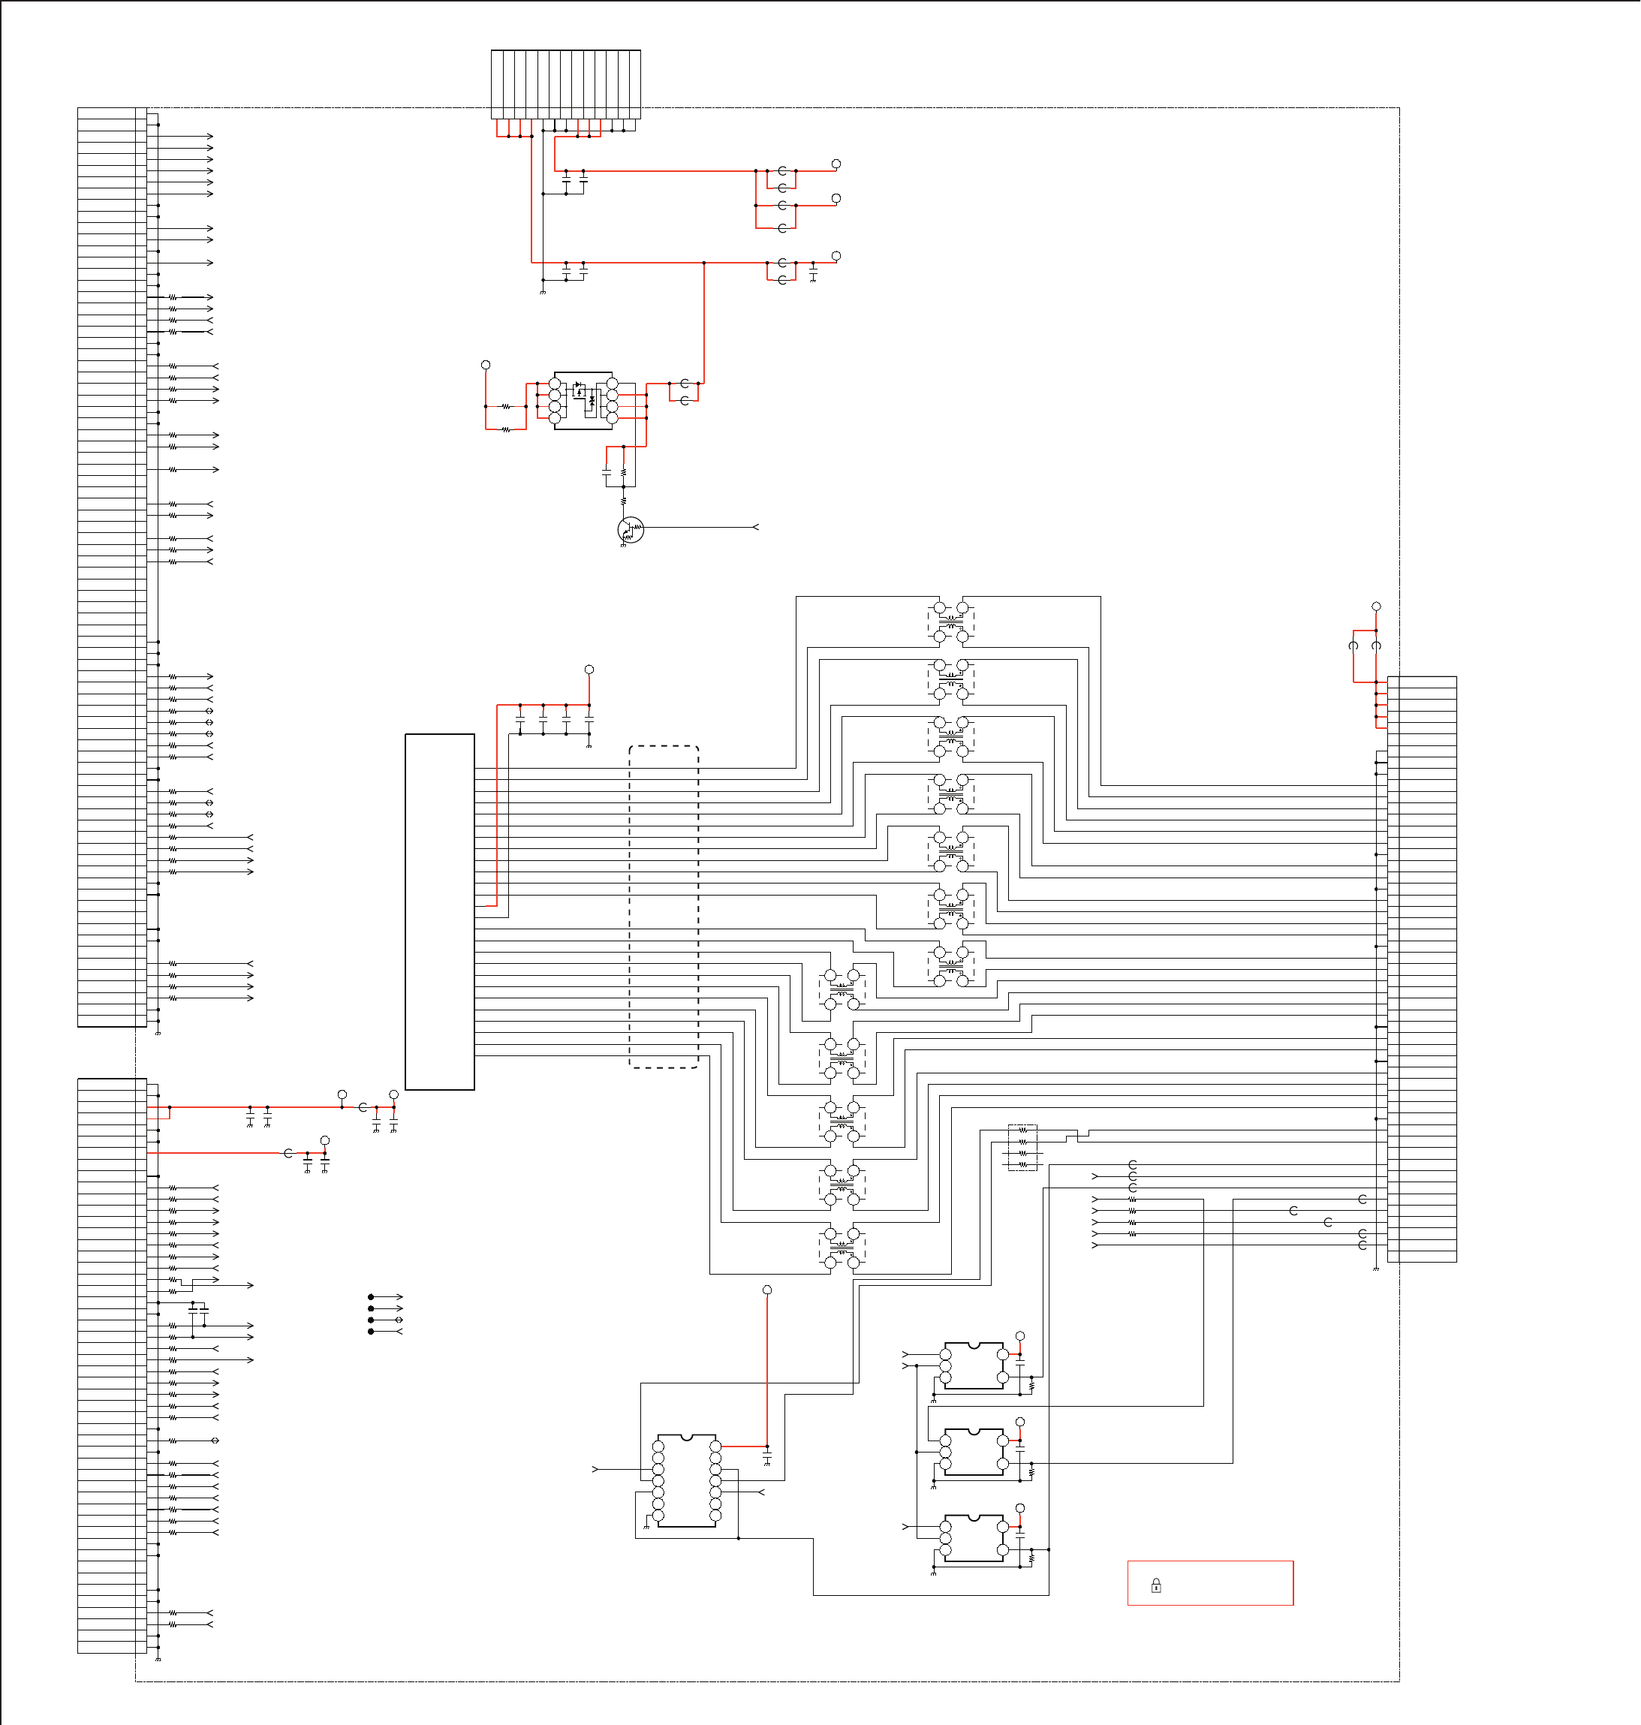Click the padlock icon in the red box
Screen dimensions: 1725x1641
coord(1155,1585)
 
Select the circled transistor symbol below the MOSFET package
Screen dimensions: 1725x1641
coord(630,529)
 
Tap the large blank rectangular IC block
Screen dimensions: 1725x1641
coord(439,911)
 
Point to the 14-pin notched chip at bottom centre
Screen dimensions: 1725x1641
coord(687,1480)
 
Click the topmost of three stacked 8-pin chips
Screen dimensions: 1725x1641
coord(974,1365)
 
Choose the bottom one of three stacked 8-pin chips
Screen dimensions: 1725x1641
coord(974,1538)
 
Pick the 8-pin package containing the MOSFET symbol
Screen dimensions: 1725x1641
coord(583,401)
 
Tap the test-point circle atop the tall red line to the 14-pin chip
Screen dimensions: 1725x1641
coord(767,1290)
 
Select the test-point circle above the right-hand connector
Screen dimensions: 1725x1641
coord(1376,607)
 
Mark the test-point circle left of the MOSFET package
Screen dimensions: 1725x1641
coord(486,365)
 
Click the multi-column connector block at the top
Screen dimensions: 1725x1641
coord(565,84)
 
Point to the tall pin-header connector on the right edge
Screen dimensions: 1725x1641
coord(1422,969)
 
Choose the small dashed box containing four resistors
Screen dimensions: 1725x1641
coord(1022,1147)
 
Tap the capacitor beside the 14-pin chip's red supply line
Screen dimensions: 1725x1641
coord(767,1457)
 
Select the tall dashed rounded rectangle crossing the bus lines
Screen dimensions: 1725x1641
coord(664,906)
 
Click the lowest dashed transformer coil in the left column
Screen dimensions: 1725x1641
coord(842,1248)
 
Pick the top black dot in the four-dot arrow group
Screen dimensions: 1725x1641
coord(371,1297)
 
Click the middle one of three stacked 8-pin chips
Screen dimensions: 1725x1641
coord(974,1452)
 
